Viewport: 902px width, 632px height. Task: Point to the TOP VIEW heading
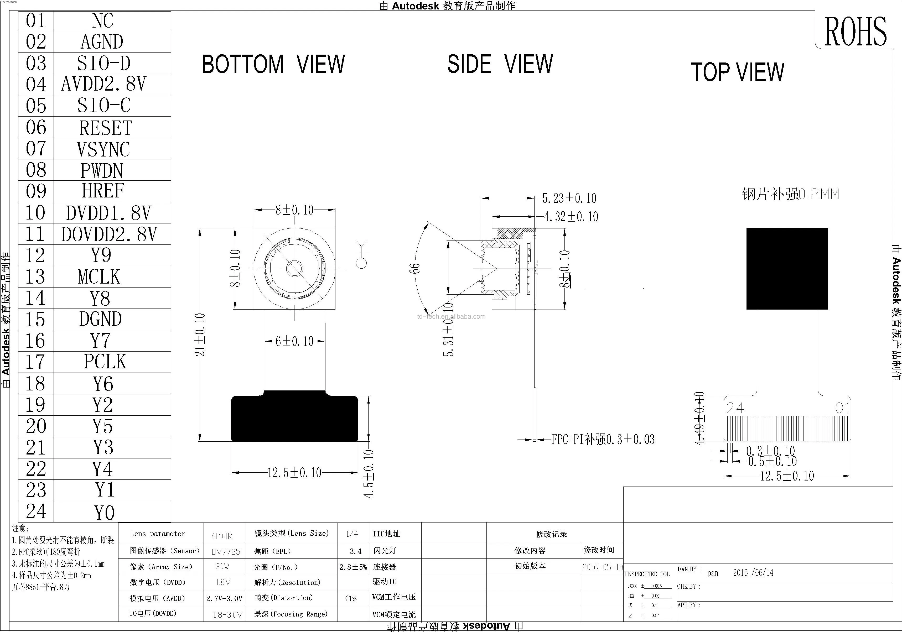[737, 72]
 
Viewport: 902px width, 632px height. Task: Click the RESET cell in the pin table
[105, 128]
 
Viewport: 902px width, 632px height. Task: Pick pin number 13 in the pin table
[35, 276]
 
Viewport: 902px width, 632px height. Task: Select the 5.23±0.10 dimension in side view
[569, 198]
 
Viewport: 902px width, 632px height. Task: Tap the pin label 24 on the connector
[735, 408]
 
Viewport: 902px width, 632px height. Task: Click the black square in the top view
[787, 269]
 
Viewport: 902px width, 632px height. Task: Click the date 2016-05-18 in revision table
[602, 567]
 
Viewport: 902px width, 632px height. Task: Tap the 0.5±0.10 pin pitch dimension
[772, 462]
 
